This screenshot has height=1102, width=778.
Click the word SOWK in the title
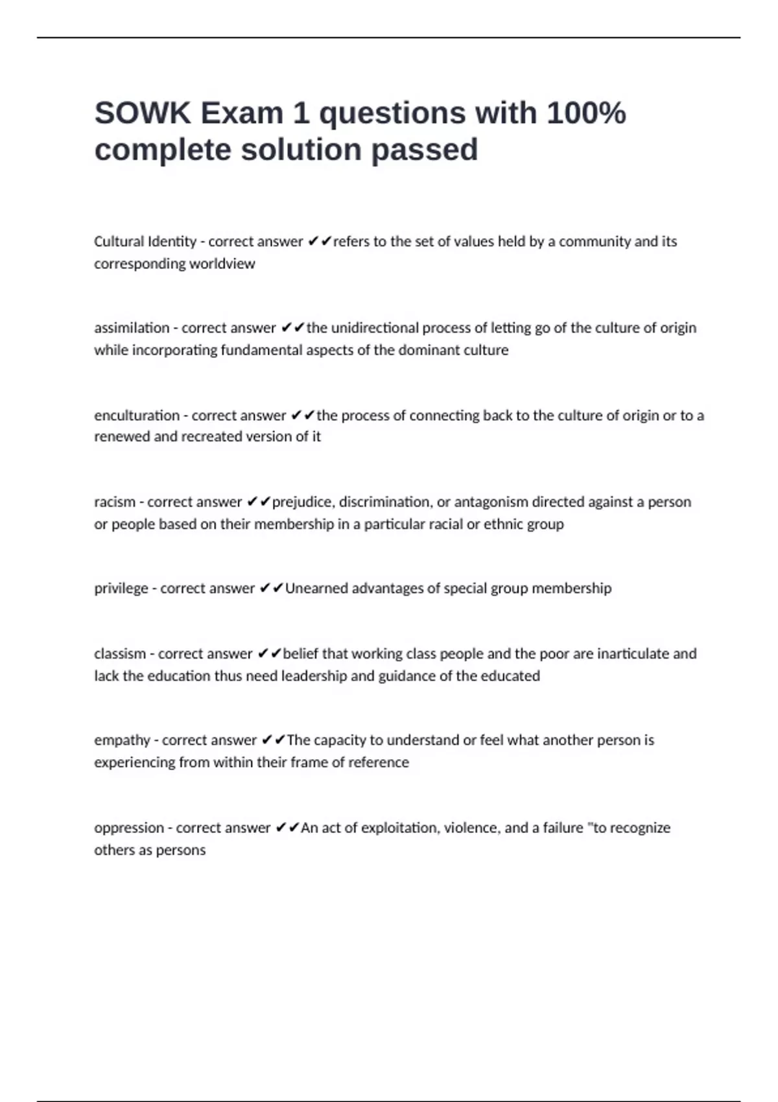(x=143, y=113)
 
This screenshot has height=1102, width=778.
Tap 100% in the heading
(x=586, y=113)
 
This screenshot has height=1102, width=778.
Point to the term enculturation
(x=137, y=416)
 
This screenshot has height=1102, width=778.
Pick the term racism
(x=115, y=502)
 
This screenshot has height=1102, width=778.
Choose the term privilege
(x=121, y=589)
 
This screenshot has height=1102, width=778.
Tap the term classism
(x=120, y=654)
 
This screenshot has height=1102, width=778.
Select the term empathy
(x=122, y=740)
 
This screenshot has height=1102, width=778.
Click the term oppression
(x=129, y=828)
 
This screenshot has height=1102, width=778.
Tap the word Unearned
(x=314, y=589)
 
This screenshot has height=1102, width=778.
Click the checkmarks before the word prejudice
(x=259, y=502)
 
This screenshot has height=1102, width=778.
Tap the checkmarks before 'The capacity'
(x=273, y=740)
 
